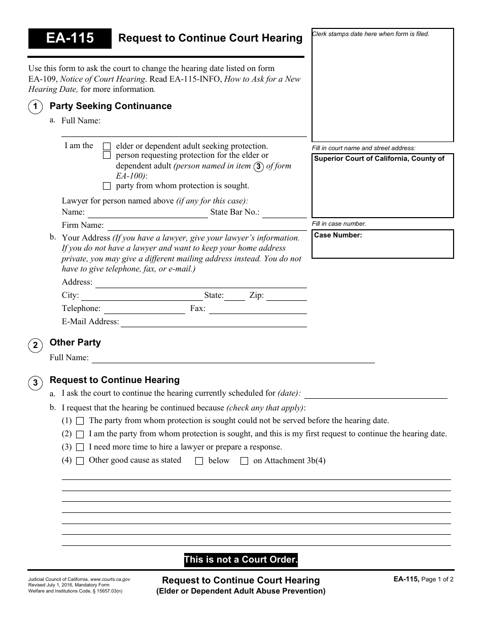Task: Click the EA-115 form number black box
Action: coord(70,38)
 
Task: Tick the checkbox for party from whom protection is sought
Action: coord(107,186)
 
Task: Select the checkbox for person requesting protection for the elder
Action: coord(107,155)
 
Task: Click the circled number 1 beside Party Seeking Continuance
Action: coord(35,107)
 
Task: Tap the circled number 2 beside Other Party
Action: coord(35,346)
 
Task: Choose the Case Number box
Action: coord(383,244)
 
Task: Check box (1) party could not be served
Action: coord(80,421)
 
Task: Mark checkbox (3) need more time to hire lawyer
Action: coord(80,447)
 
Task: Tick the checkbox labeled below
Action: coord(199,461)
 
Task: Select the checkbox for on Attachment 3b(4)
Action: coord(244,461)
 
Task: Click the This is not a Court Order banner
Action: coord(240,560)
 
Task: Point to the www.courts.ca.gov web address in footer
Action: coord(111,579)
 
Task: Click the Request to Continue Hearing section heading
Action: coord(115,380)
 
